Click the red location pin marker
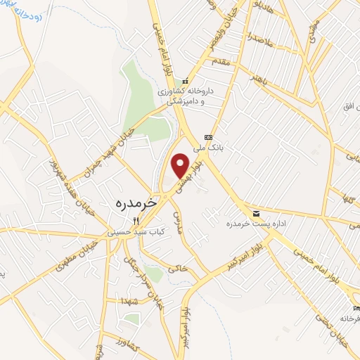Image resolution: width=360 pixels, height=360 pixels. coord(181,166)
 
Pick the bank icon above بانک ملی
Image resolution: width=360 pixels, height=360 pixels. coord(207,136)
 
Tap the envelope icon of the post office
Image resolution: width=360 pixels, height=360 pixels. coord(255,213)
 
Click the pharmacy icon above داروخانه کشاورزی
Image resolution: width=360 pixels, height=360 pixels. coord(185,82)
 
